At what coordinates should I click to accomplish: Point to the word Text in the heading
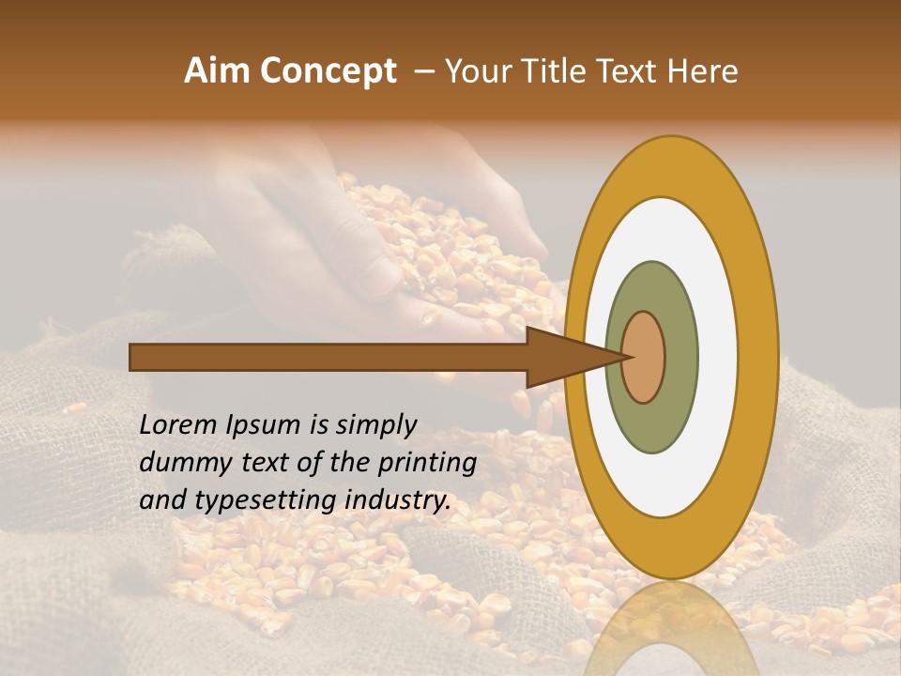click(631, 71)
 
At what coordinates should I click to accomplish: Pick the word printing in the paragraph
click(427, 464)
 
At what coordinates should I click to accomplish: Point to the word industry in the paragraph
click(398, 500)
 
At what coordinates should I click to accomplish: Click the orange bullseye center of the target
click(644, 357)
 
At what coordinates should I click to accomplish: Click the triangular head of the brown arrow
click(563, 357)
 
